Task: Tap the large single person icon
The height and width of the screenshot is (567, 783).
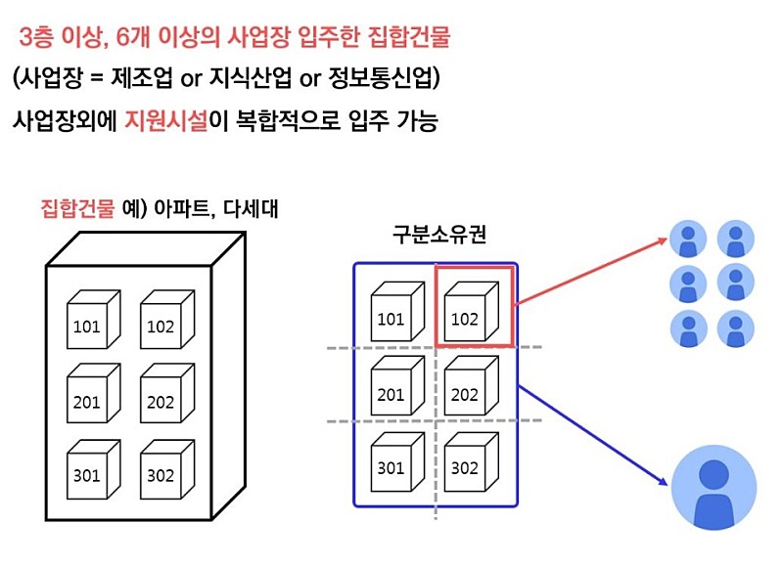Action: point(714,487)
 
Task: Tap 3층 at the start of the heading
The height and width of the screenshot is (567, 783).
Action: point(39,38)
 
